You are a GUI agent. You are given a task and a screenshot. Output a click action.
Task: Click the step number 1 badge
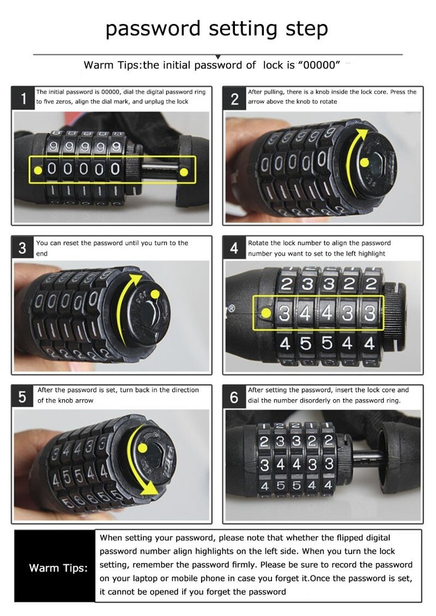(23, 99)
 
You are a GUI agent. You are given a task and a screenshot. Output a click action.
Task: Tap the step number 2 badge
(234, 99)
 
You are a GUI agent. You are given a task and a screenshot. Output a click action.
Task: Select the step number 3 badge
(23, 248)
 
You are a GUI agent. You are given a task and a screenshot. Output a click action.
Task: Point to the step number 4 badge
(234, 248)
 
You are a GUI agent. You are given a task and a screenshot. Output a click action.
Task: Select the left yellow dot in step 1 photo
(38, 169)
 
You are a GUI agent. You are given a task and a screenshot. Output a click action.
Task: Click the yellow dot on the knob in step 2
(364, 163)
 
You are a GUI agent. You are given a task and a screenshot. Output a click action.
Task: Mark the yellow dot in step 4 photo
(266, 313)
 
